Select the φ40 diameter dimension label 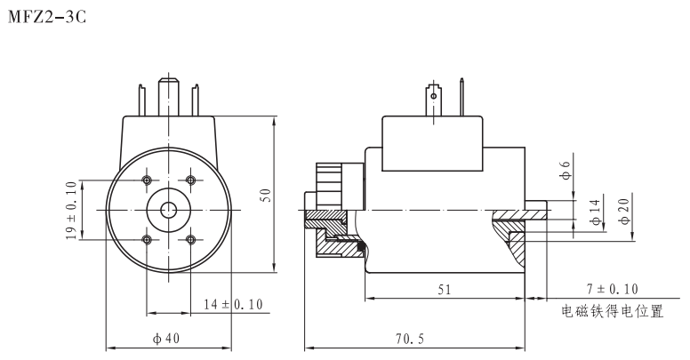168,338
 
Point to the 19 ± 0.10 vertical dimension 71,210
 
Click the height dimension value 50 264,195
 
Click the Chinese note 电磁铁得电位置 613,312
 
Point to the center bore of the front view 168,210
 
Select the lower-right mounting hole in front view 190,239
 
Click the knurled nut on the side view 330,185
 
